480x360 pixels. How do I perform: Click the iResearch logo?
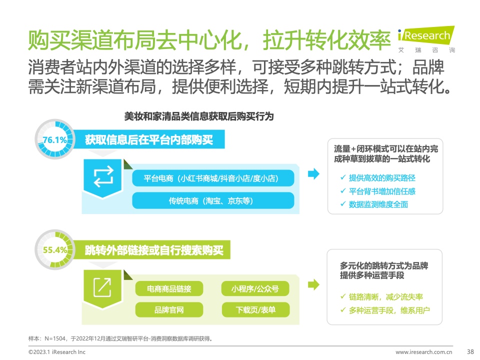(x=426, y=39)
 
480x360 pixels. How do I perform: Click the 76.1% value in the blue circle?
(x=55, y=140)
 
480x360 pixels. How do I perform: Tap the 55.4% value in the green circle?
(x=55, y=250)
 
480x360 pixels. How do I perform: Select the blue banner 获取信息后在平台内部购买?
(x=149, y=139)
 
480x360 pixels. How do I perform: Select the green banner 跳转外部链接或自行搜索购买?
(x=152, y=250)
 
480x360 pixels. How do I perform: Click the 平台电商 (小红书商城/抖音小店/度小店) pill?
(x=213, y=178)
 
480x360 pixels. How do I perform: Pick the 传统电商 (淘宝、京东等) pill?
(x=213, y=201)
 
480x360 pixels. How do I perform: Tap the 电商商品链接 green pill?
(x=169, y=288)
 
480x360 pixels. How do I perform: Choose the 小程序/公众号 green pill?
(x=255, y=288)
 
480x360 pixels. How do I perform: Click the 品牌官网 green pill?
(x=169, y=310)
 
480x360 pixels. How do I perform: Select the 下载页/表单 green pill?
(x=255, y=310)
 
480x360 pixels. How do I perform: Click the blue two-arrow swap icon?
(x=103, y=176)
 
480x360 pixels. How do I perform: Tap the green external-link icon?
(x=102, y=287)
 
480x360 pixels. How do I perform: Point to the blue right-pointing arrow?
(x=313, y=174)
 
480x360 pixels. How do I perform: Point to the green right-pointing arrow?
(x=313, y=284)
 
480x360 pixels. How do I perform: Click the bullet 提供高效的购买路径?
(x=378, y=178)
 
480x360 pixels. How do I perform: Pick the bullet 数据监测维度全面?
(x=374, y=204)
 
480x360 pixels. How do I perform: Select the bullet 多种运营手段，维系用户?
(x=385, y=310)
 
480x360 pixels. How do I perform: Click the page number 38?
(x=470, y=351)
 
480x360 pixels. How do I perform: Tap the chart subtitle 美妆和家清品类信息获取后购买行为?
(x=199, y=116)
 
